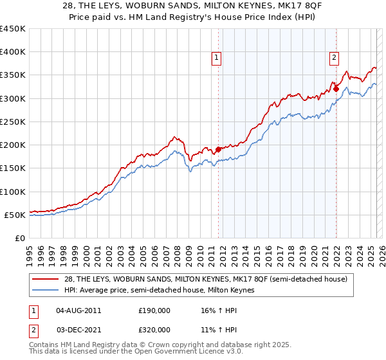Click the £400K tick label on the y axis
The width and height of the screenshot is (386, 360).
coord(13,52)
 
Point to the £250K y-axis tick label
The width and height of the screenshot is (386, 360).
coord(13,122)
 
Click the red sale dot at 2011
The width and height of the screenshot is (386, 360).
coord(218,149)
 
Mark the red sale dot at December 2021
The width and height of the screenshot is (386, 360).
coord(336,89)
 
